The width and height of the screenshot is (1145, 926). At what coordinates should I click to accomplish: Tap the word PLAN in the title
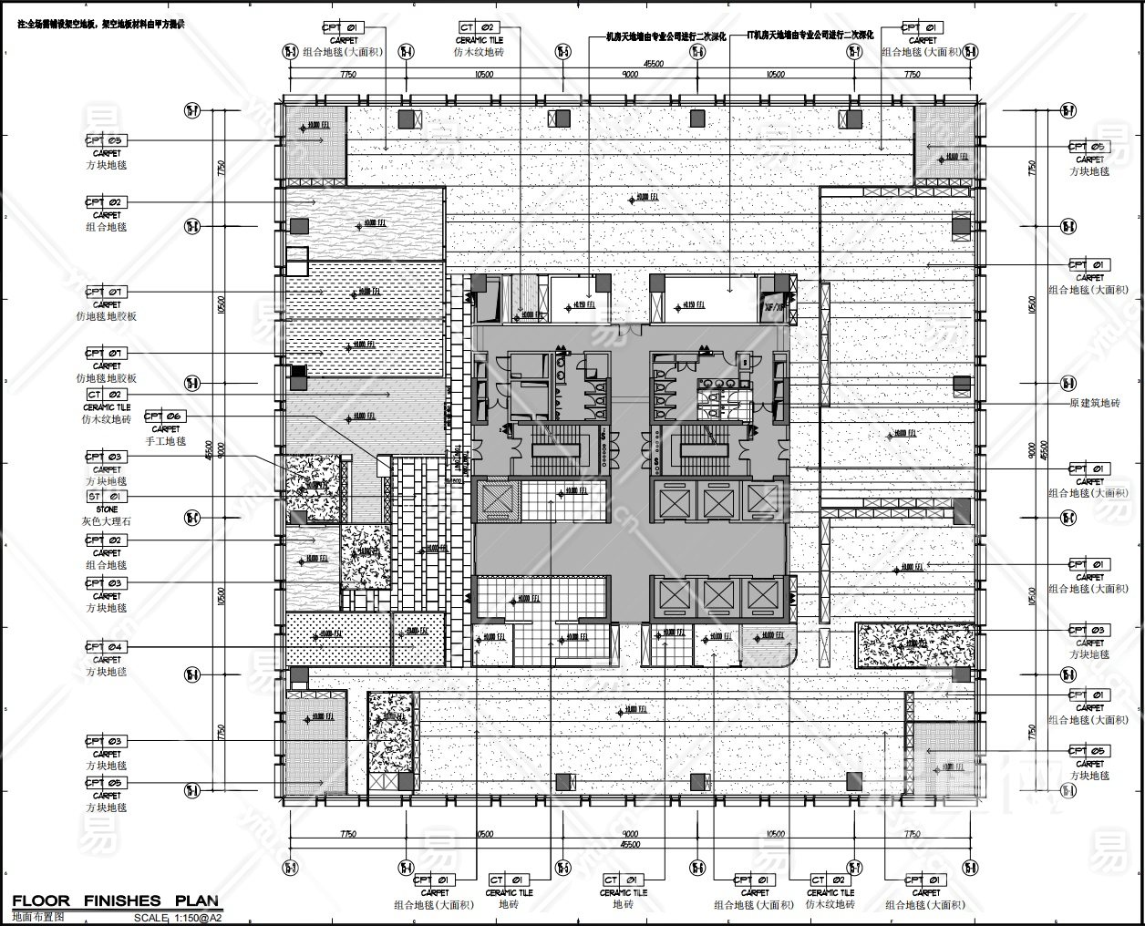(x=194, y=901)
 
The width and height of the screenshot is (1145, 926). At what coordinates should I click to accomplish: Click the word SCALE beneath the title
(x=150, y=918)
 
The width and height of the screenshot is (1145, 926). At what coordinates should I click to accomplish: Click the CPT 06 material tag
(x=165, y=417)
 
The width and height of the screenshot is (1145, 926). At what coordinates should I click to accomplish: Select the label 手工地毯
(x=165, y=441)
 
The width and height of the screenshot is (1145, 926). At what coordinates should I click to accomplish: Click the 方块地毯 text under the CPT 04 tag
(x=107, y=672)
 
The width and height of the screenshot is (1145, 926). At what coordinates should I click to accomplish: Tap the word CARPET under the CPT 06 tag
(x=165, y=429)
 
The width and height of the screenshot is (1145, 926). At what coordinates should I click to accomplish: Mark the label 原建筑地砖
(x=1094, y=404)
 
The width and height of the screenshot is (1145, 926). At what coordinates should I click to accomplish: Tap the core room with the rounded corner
(x=768, y=647)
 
